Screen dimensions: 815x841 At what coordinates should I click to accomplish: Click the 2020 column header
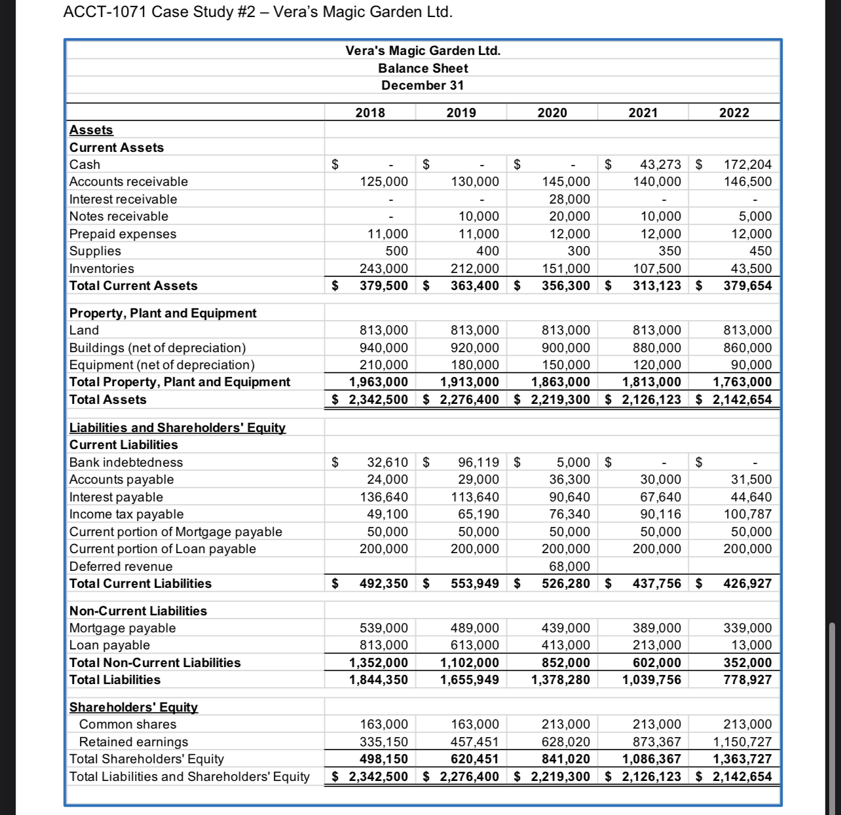[x=551, y=113]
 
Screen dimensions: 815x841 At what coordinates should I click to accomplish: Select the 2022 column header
[x=734, y=113]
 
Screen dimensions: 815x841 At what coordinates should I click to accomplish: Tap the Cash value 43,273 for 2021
[x=657, y=164]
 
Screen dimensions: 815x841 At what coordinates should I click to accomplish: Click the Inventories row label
[x=102, y=268]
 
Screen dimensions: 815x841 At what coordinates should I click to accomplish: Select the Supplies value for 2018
[x=396, y=251]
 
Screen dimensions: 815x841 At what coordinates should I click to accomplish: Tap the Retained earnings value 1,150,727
[x=742, y=742]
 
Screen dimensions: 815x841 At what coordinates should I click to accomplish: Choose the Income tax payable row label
[x=126, y=514]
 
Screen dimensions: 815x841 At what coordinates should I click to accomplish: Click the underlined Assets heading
[x=91, y=130]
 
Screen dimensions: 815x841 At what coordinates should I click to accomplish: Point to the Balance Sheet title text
[x=422, y=68]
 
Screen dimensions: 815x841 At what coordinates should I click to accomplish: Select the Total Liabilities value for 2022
[x=747, y=679]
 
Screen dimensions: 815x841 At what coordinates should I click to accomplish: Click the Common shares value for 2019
[x=474, y=724]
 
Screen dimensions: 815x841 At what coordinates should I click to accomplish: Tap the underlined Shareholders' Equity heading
[x=134, y=707]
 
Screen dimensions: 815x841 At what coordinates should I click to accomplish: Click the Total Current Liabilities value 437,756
[x=656, y=583]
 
